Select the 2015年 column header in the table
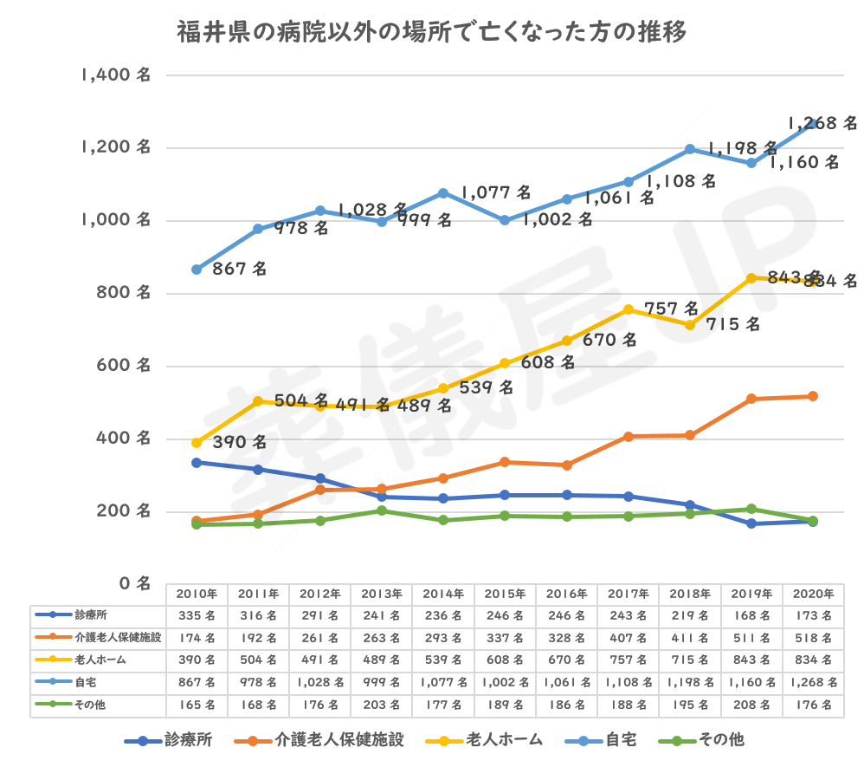(505, 595)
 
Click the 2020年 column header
(813, 595)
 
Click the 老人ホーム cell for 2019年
(751, 661)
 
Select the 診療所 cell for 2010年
(197, 615)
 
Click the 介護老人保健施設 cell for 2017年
(628, 639)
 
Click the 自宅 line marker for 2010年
(197, 270)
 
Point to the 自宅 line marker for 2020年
(813, 124)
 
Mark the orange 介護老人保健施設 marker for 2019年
(751, 399)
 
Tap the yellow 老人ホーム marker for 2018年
(690, 324)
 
